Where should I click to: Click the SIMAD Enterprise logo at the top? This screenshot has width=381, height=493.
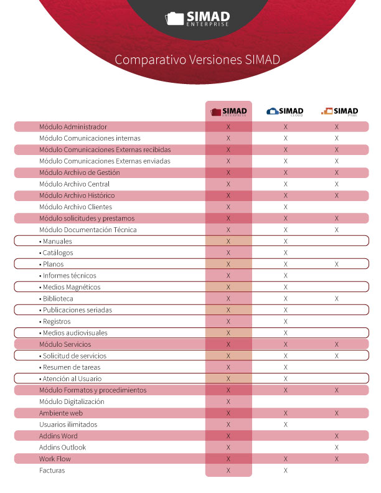pyautogui.click(x=197, y=18)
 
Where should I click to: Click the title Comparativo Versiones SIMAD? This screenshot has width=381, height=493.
pyautogui.click(x=197, y=60)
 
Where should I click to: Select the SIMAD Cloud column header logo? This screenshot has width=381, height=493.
pyautogui.click(x=285, y=111)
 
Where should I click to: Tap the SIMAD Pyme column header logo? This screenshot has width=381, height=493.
pyautogui.click(x=339, y=111)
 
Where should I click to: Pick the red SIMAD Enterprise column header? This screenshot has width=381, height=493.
pyautogui.click(x=228, y=111)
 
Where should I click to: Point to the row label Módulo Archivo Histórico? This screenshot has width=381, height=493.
pyautogui.click(x=77, y=195)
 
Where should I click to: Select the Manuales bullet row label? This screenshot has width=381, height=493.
pyautogui.click(x=57, y=242)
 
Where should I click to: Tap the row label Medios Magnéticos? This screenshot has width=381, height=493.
pyautogui.click(x=70, y=287)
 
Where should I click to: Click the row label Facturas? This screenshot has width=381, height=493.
pyautogui.click(x=52, y=471)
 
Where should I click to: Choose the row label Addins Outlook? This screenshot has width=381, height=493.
pyautogui.click(x=62, y=448)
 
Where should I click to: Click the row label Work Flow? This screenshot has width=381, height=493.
pyautogui.click(x=54, y=459)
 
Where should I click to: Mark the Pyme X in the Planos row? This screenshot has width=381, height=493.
pyautogui.click(x=337, y=265)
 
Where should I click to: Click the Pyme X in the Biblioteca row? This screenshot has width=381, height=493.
pyautogui.click(x=337, y=299)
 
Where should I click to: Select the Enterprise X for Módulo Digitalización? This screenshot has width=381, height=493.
pyautogui.click(x=228, y=402)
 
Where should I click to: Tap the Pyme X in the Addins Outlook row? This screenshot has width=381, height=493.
pyautogui.click(x=337, y=448)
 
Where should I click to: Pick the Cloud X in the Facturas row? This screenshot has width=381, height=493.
pyautogui.click(x=286, y=471)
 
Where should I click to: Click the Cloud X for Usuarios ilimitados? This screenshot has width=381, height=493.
pyautogui.click(x=286, y=425)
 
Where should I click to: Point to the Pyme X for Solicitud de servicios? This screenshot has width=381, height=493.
pyautogui.click(x=337, y=356)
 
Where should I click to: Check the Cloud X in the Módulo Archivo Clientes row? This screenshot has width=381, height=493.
pyautogui.click(x=286, y=207)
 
